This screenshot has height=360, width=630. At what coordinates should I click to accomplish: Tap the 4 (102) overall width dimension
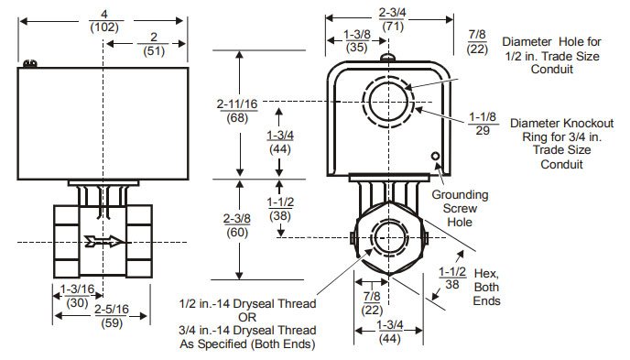pyautogui.click(x=106, y=21)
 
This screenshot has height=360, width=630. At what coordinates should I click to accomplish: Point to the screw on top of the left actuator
pyautogui.click(x=30, y=63)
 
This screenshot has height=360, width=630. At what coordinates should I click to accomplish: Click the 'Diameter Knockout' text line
pyautogui.click(x=554, y=123)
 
